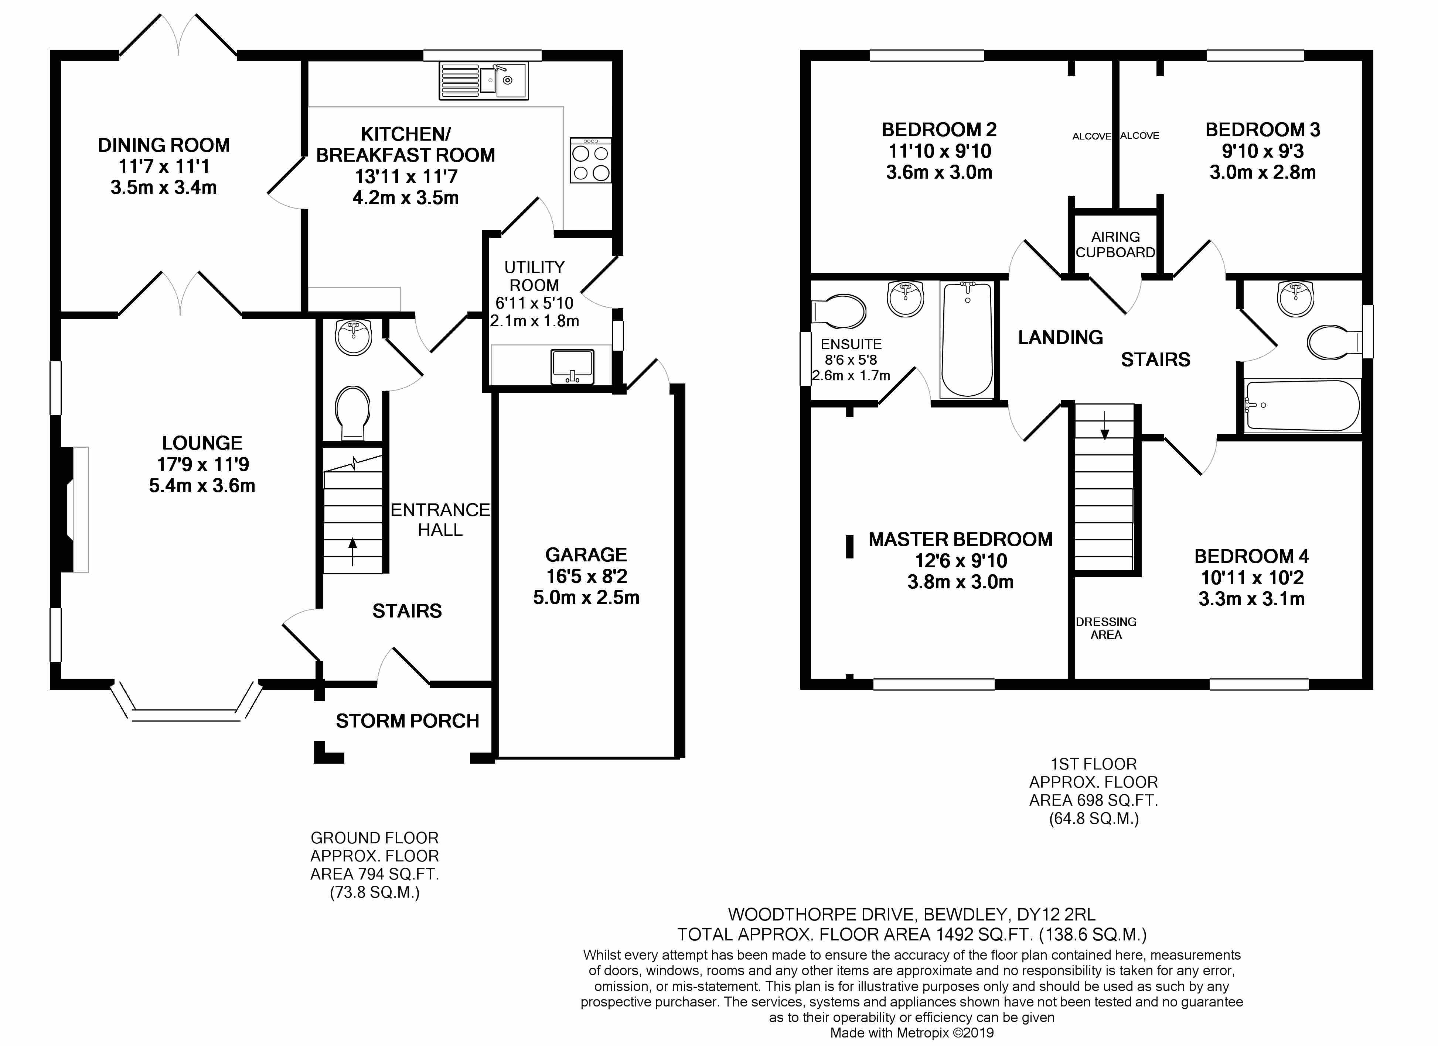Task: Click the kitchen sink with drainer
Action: (483, 81)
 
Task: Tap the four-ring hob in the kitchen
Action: (590, 161)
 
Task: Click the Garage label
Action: (586, 555)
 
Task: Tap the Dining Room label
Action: (164, 145)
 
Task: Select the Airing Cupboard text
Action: (1115, 245)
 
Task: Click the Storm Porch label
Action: (407, 721)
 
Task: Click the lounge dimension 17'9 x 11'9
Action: (203, 464)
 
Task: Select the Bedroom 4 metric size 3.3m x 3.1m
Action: (1251, 599)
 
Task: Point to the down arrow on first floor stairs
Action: (1104, 426)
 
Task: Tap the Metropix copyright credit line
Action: (912, 1033)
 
